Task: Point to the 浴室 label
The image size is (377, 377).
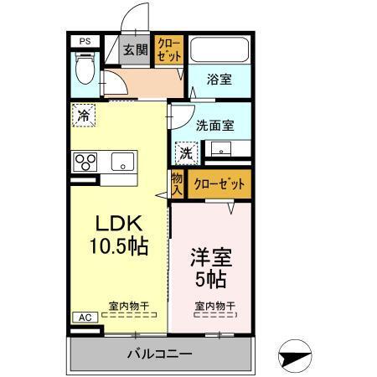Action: click(219, 80)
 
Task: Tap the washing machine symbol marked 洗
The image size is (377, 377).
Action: click(186, 152)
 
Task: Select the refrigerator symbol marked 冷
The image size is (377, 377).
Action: click(84, 116)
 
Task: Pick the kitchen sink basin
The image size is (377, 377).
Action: click(122, 162)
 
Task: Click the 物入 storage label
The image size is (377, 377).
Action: click(177, 184)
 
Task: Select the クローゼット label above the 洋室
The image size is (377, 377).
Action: click(219, 184)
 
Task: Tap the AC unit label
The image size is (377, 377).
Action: click(85, 318)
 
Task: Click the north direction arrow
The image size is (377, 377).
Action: click(299, 354)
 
